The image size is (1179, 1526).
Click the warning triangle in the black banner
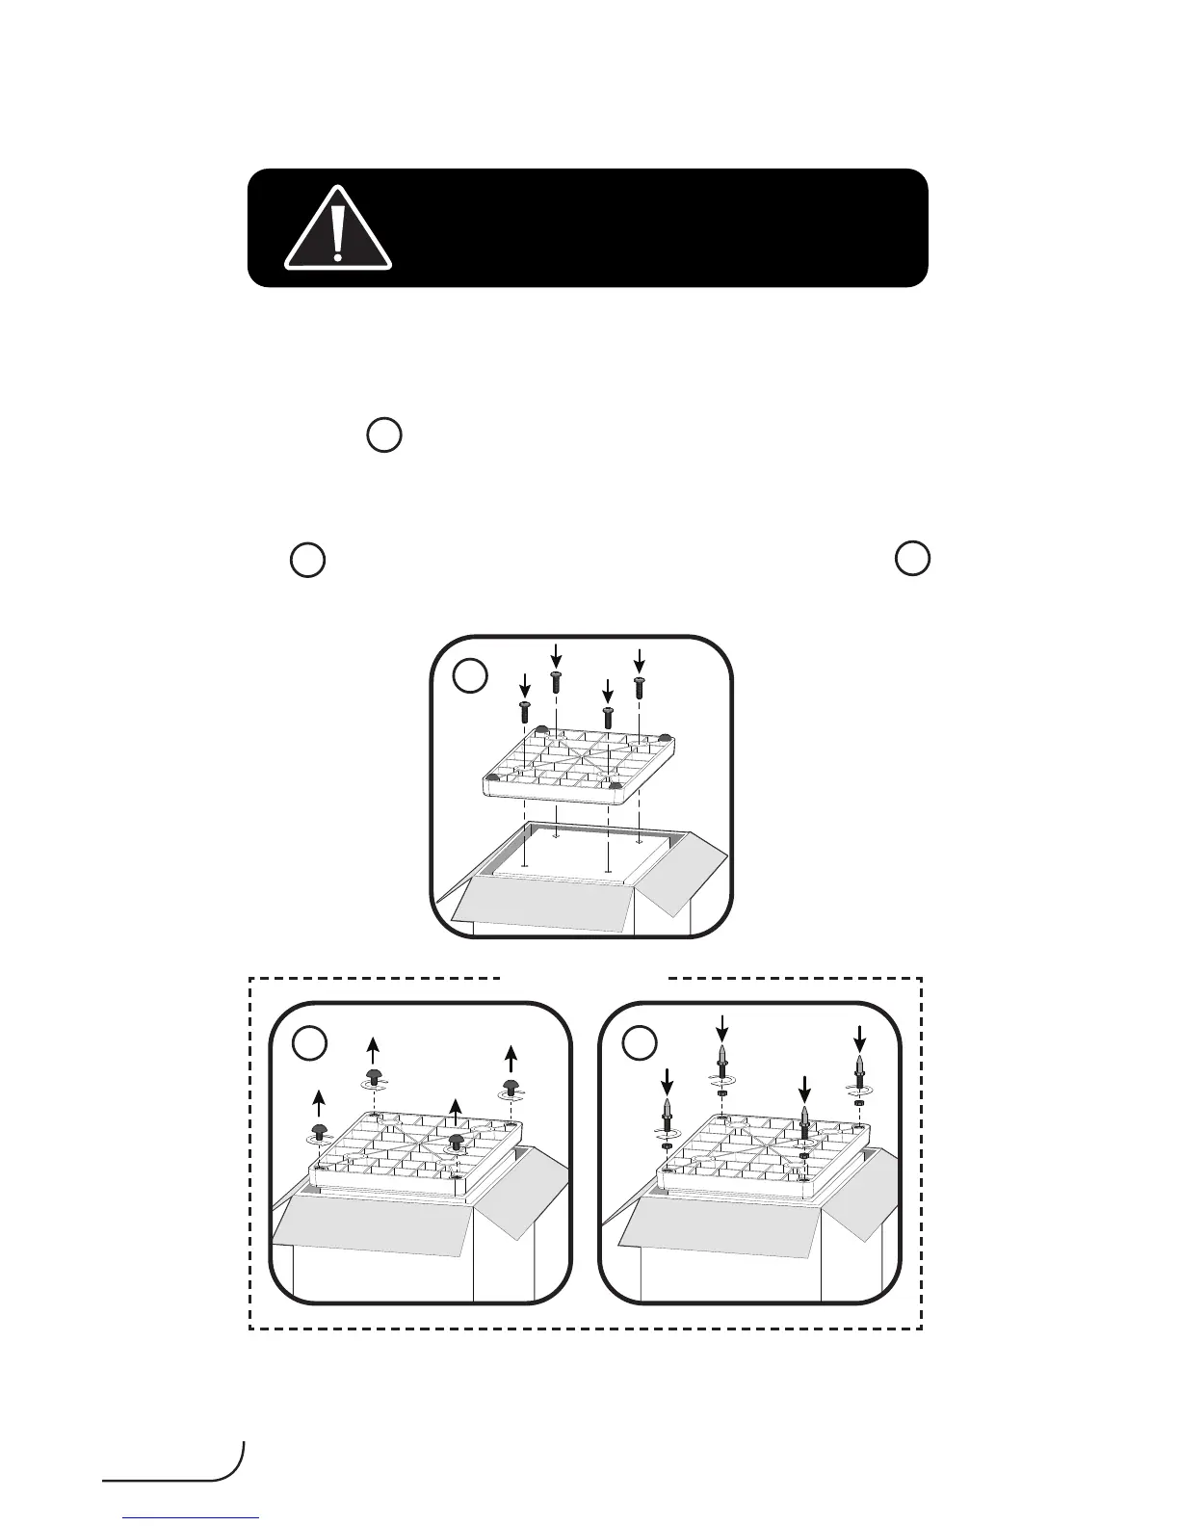(337, 229)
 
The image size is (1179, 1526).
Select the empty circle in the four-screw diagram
(470, 677)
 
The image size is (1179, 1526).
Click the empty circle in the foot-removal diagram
(309, 1042)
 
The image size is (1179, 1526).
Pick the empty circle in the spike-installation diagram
(639, 1042)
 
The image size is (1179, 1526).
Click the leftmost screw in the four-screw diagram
(525, 713)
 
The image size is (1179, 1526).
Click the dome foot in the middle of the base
(457, 1142)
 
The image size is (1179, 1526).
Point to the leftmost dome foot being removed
(319, 1130)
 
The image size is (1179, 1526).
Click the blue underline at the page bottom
(192, 1518)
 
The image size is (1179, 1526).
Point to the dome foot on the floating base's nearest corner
(616, 787)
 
